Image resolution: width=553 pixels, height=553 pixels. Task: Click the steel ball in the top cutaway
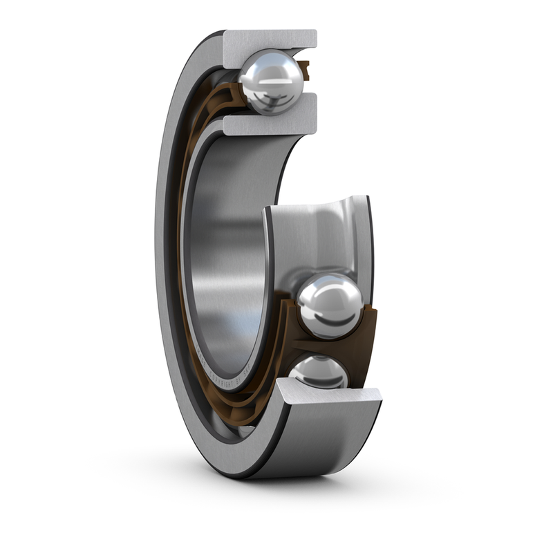[272, 82]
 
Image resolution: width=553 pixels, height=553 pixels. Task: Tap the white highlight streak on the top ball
[274, 81]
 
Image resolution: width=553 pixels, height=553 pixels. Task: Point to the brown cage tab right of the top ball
[305, 70]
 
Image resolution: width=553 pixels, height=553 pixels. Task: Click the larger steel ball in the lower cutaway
[330, 305]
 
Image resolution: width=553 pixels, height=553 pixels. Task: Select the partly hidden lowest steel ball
[319, 372]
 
